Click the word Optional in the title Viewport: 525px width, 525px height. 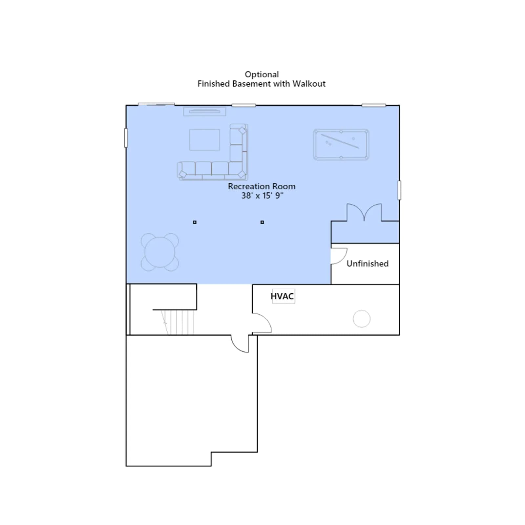pos(262,75)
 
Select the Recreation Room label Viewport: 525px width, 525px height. pos(262,186)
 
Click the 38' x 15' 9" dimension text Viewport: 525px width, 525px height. pos(262,196)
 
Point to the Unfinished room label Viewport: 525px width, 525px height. pos(367,263)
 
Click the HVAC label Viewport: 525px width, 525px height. pos(282,296)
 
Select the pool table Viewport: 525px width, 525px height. pos(341,144)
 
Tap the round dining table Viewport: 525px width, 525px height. pos(160,252)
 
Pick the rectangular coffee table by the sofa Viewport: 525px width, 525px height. pos(204,140)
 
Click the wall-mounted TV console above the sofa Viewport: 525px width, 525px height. pos(205,112)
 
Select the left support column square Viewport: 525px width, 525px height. pos(195,222)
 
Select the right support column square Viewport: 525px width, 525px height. pos(262,222)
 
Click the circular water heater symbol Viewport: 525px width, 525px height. pos(362,319)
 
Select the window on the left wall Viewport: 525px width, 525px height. pos(126,138)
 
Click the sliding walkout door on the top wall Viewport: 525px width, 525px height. pos(156,104)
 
